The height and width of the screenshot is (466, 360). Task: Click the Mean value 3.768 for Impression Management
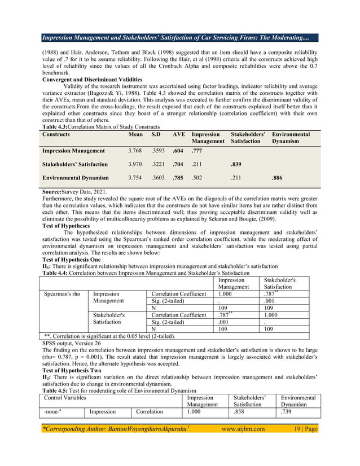pos(136,151)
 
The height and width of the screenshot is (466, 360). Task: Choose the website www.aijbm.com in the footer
pos(243,429)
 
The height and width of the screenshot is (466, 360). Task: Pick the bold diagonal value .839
pos(236,165)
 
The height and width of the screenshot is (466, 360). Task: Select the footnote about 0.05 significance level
pos(109,336)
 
